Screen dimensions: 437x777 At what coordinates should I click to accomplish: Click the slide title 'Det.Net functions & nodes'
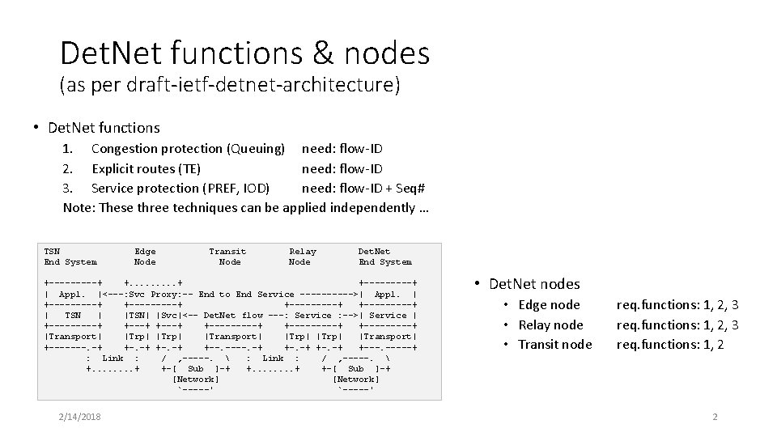click(244, 53)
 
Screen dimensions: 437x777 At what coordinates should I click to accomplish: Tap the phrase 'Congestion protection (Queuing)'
click(188, 149)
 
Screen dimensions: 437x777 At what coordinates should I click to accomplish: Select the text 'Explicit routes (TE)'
click(146, 168)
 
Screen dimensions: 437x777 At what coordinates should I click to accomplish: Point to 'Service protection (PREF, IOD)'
click(180, 188)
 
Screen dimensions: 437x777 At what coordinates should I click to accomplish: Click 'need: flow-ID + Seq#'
click(363, 188)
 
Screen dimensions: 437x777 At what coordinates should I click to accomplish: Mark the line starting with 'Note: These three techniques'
click(246, 207)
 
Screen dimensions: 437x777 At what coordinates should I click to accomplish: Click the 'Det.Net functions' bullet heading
click(104, 127)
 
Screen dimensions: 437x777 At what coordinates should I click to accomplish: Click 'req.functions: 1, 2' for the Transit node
click(670, 344)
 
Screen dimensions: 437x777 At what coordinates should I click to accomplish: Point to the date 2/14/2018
click(79, 416)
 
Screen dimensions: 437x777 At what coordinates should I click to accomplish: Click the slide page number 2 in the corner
click(715, 416)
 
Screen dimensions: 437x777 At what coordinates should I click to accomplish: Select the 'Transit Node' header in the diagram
click(228, 257)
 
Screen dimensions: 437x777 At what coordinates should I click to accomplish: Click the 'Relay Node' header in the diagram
click(302, 257)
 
